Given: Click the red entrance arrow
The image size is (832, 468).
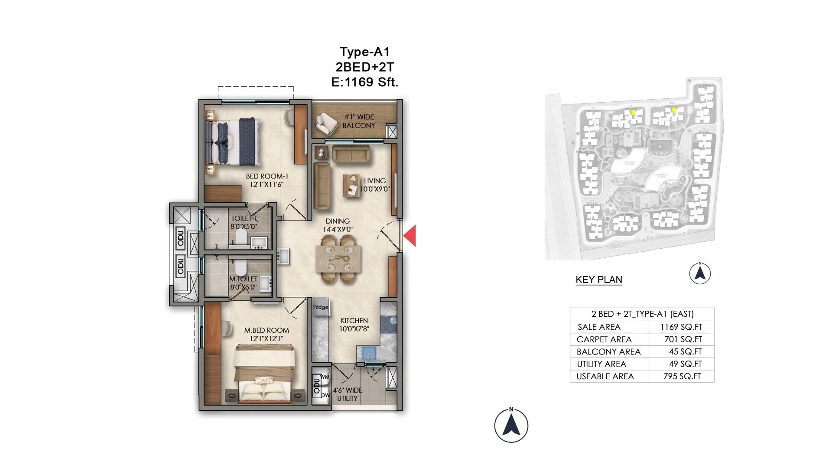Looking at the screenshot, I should point(411,236).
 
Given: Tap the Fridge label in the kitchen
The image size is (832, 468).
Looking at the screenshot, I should point(321,307).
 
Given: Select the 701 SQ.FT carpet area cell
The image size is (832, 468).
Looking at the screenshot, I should point(683,339).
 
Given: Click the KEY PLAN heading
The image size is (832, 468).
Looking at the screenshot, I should point(598,279).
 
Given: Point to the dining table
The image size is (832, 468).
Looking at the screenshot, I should point(338,259).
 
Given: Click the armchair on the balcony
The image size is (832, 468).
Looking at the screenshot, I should point(325,123).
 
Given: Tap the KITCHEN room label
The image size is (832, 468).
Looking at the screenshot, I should point(354,321).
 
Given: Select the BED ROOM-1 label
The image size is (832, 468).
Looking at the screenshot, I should point(266,176).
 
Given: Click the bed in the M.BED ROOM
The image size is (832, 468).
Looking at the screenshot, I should point(266,375).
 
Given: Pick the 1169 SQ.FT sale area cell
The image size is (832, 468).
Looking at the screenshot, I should point(681,327).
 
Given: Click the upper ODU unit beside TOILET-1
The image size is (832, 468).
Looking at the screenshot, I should point(180,238).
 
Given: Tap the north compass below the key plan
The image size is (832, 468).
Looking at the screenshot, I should point(699,273).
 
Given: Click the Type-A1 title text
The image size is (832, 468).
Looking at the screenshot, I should point(364,52).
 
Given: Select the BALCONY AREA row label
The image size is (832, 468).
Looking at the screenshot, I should point(608,352).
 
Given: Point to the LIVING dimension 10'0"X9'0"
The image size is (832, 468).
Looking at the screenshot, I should point(375,189).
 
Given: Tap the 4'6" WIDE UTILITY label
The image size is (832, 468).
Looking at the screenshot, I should point(348,394).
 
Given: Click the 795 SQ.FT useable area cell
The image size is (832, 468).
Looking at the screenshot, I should point(682,377).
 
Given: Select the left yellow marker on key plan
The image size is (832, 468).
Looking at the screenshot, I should point(633,113).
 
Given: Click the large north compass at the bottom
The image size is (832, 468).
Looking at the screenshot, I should point(511,426).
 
